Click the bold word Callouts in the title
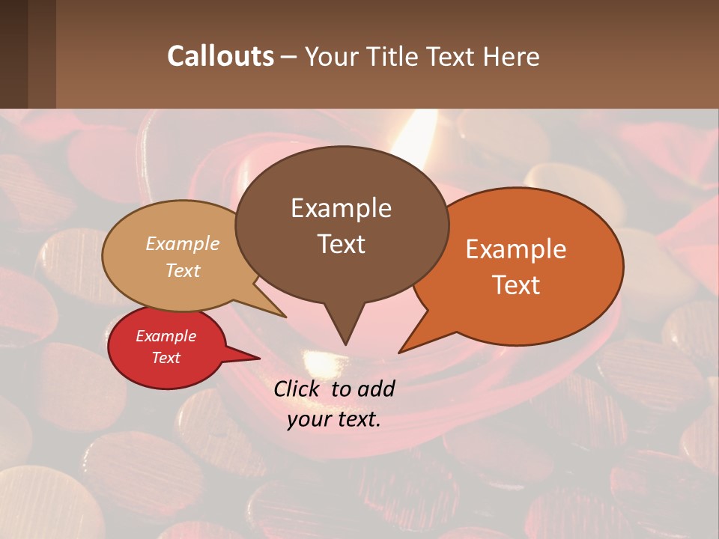(220, 56)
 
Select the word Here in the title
(512, 56)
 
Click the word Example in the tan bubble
(183, 243)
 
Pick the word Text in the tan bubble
(183, 270)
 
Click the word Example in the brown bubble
(341, 208)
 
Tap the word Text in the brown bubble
(341, 244)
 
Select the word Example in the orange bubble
(516, 249)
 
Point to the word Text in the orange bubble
(516, 285)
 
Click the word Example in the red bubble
(166, 336)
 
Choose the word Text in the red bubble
(166, 358)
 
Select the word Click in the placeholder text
(298, 389)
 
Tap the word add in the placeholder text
(376, 389)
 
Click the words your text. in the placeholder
(334, 419)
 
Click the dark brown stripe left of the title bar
(13, 54)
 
